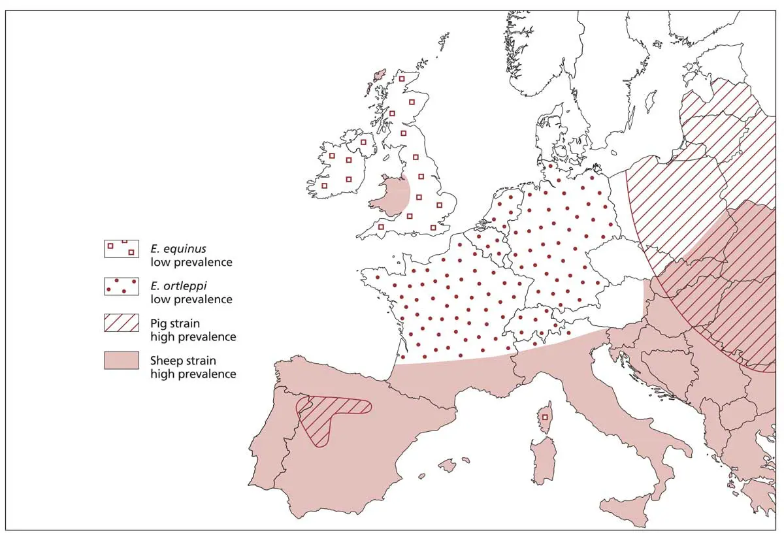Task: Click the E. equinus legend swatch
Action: click(x=121, y=248)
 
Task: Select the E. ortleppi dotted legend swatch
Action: click(x=121, y=286)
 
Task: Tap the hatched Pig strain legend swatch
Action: click(x=121, y=323)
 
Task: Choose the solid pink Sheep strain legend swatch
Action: click(x=121, y=360)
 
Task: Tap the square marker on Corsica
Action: click(x=545, y=417)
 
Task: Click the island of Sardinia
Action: click(x=542, y=461)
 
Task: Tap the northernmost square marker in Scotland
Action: click(x=402, y=79)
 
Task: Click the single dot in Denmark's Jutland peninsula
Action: click(x=550, y=166)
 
